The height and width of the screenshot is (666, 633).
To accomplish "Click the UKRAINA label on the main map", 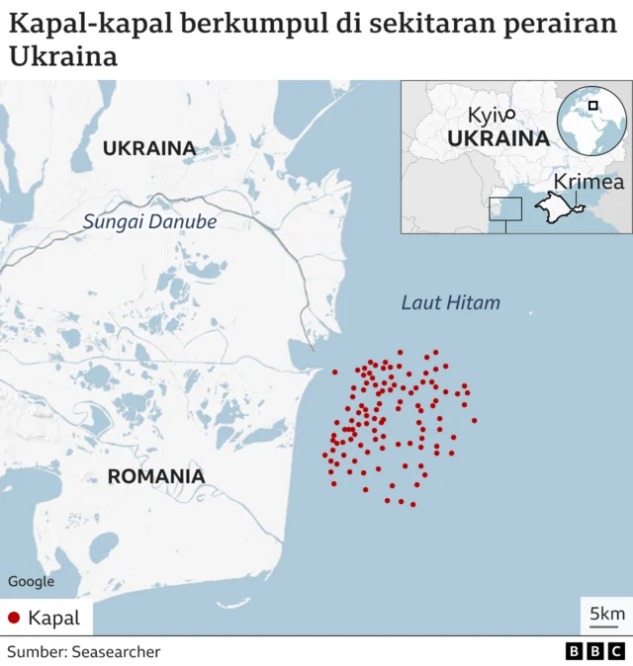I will coord(149,148).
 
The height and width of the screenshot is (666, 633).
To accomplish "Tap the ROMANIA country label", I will coord(156,476).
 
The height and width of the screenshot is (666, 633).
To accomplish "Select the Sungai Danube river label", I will coord(149,221).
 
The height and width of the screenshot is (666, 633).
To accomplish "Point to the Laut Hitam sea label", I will coord(451,302).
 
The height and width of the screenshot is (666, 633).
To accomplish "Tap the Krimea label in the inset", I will coord(588,183).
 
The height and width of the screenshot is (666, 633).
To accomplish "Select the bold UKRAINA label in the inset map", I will coord(498,138).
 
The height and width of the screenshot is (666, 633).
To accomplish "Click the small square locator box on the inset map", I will coord(505,209).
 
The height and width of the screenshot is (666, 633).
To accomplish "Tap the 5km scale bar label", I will coord(606,614).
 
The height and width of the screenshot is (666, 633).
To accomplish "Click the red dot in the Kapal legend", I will coord(14,619).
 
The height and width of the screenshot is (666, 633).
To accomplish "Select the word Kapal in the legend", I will coord(53,619).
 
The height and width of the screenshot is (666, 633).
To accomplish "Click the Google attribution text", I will coord(31,582).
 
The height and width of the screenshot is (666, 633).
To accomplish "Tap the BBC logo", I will coord(594,652).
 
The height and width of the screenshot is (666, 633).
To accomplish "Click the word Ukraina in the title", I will coord(63,56).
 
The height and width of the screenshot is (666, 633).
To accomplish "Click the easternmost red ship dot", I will coord(475,421).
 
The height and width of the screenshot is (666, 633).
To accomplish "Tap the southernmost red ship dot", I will coord(412,505).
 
